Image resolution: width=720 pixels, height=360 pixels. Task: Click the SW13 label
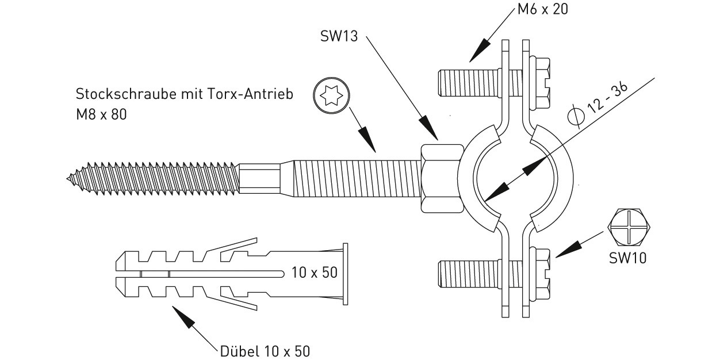[339, 36]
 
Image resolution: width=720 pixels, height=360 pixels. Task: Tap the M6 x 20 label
[543, 9]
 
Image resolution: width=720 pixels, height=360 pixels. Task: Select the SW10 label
[628, 258]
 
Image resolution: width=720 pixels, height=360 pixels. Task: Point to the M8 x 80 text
[101, 114]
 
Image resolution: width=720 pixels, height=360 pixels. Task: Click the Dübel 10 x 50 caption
[265, 351]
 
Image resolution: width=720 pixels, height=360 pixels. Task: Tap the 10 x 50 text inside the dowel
[315, 273]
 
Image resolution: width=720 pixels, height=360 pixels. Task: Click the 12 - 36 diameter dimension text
[607, 98]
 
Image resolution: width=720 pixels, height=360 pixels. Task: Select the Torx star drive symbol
[331, 95]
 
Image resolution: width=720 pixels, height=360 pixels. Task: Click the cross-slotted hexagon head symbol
[629, 228]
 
